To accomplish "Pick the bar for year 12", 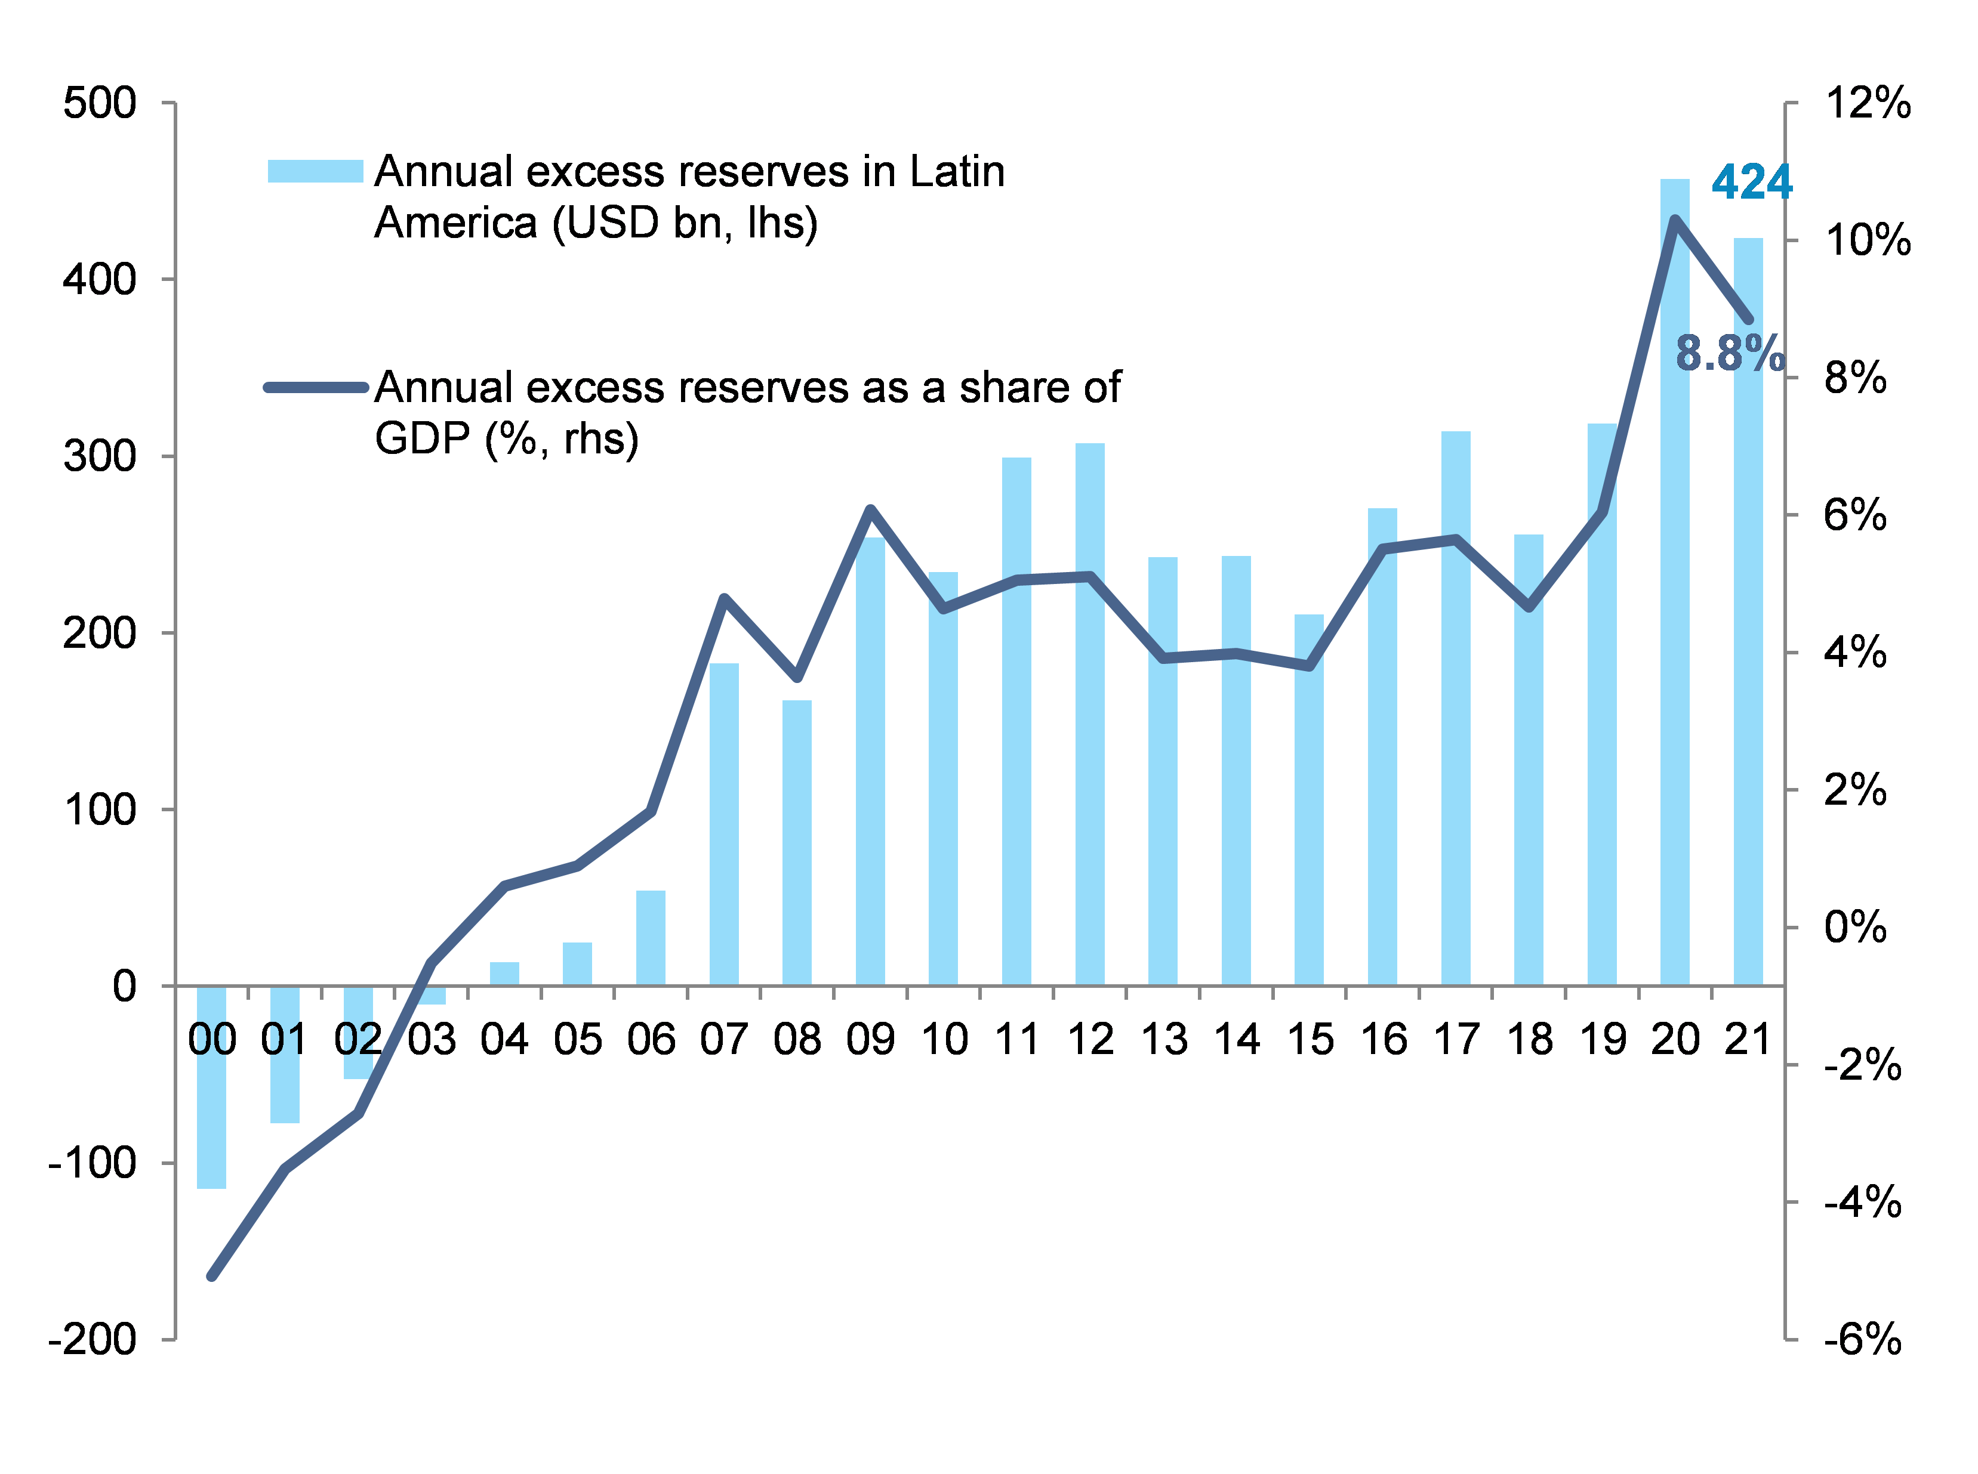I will click(x=1090, y=714).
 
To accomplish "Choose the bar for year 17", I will click(x=1456, y=709).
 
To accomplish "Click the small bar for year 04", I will click(x=504, y=974).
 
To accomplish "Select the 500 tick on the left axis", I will click(x=99, y=104).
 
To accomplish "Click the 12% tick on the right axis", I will click(x=1868, y=104).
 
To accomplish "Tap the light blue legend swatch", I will click(x=315, y=171).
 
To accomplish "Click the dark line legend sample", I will click(x=315, y=387).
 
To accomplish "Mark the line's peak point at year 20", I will click(x=1675, y=220).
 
